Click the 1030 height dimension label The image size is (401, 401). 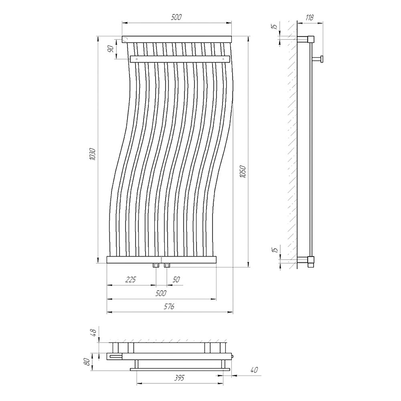(x=93, y=154)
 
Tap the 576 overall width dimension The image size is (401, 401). (x=169, y=306)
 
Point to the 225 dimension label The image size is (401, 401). (x=130, y=279)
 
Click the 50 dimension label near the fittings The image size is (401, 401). (x=176, y=279)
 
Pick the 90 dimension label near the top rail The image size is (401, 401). (x=111, y=49)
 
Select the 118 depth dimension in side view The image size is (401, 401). (x=309, y=17)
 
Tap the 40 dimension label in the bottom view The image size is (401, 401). (x=254, y=370)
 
